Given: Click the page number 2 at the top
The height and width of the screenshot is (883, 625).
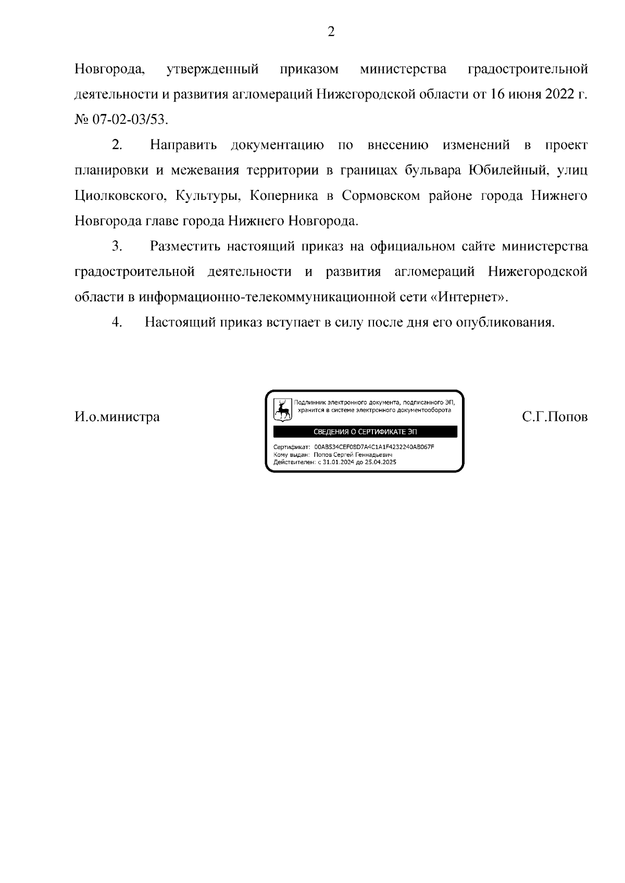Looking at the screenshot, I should click(x=331, y=32).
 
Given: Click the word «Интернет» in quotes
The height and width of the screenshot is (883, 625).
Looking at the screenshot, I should click(x=470, y=297).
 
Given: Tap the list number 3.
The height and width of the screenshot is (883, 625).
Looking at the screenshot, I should click(x=117, y=246).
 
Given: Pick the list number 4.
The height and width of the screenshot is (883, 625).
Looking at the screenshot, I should click(x=117, y=323).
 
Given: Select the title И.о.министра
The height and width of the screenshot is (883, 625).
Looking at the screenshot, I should click(x=117, y=417).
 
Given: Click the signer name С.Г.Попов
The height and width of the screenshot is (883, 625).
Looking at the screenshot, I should click(x=555, y=417).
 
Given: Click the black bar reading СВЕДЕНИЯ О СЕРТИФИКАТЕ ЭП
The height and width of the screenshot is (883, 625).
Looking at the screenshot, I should click(x=365, y=432).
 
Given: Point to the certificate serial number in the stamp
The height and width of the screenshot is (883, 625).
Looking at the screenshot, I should click(x=374, y=447).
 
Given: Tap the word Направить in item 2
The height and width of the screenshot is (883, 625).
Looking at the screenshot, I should click(x=183, y=145).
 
